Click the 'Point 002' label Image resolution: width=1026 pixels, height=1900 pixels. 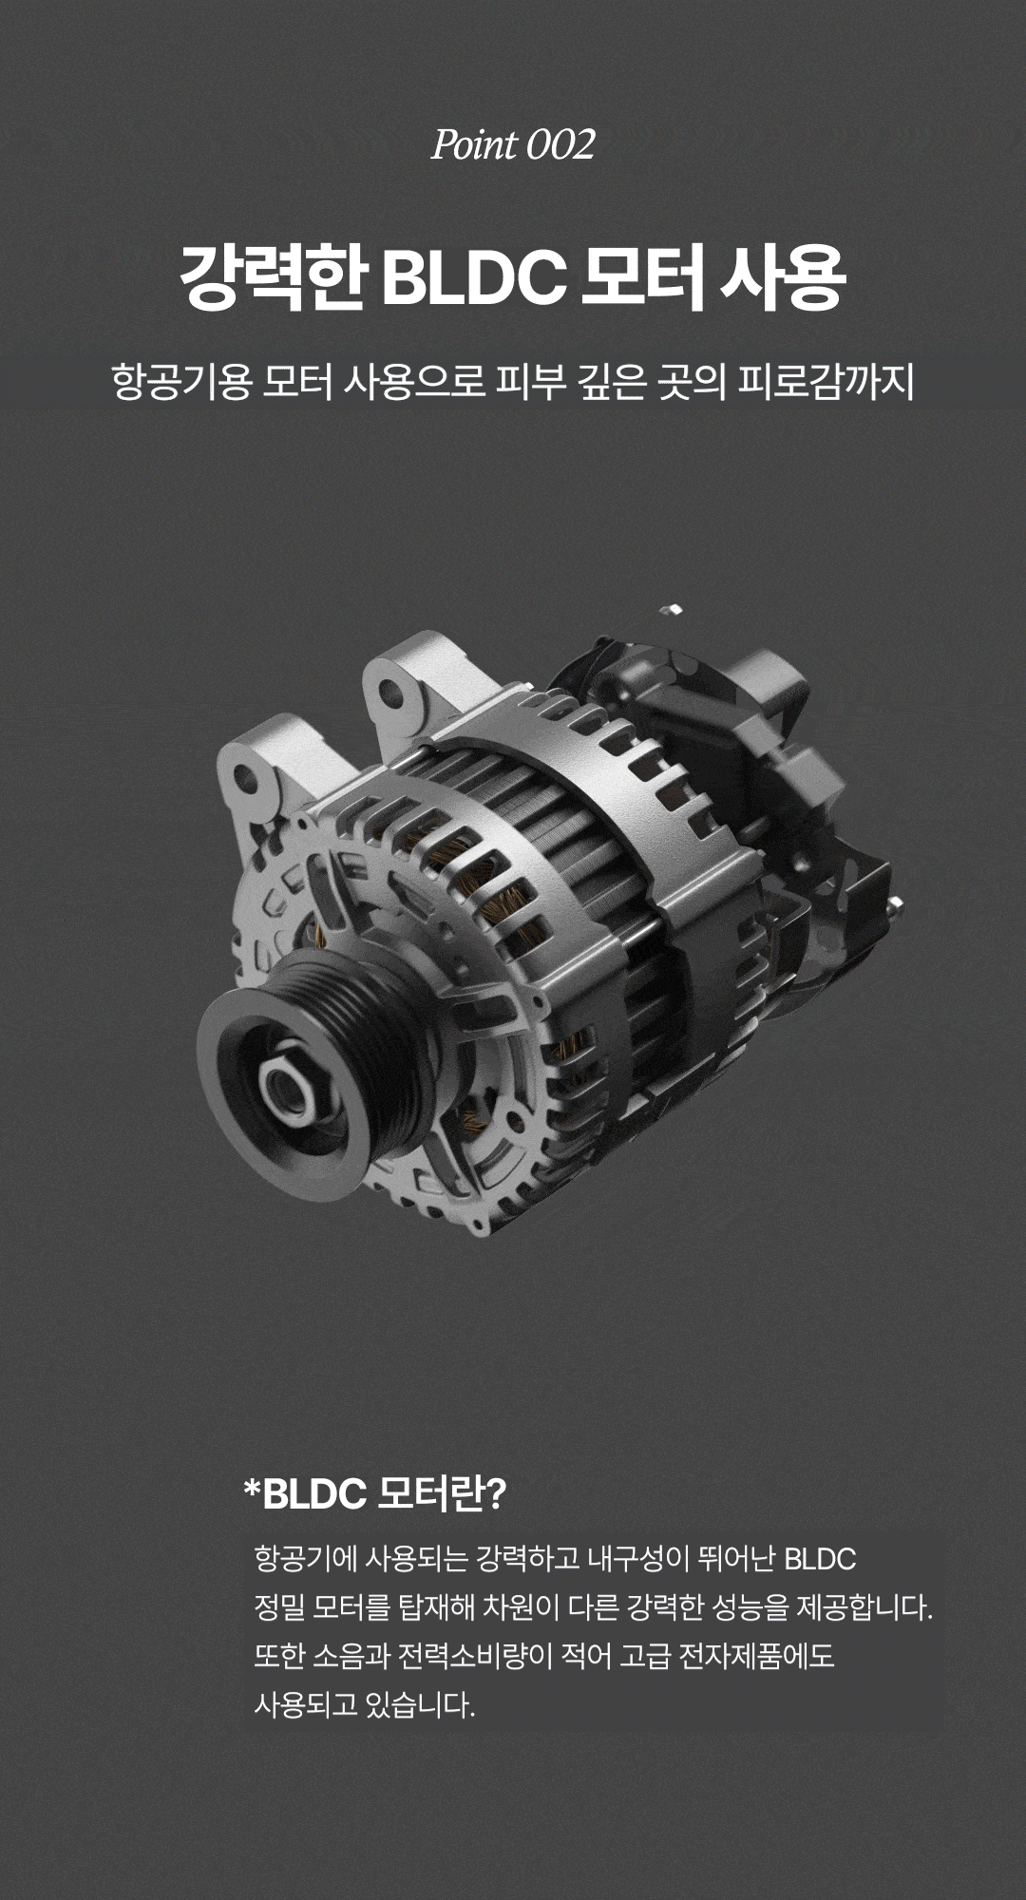(x=513, y=145)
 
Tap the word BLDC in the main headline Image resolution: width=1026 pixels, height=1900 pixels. (x=474, y=278)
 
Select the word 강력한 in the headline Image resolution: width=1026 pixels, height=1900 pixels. (x=273, y=278)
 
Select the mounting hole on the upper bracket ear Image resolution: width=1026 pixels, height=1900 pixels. (x=390, y=693)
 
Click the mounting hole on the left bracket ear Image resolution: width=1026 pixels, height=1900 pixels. (x=246, y=781)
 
